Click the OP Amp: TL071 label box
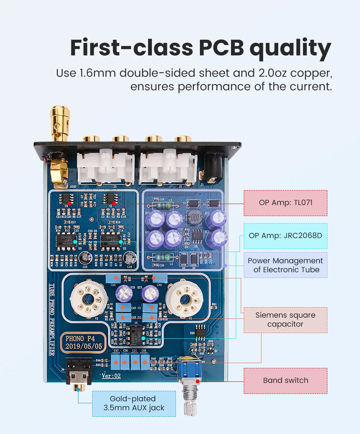285,203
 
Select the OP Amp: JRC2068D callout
285,236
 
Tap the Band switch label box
285,380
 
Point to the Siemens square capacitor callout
285,320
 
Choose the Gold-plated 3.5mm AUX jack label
133,403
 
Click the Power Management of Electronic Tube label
285,265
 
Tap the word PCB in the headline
217,48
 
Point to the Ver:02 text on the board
111,376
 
